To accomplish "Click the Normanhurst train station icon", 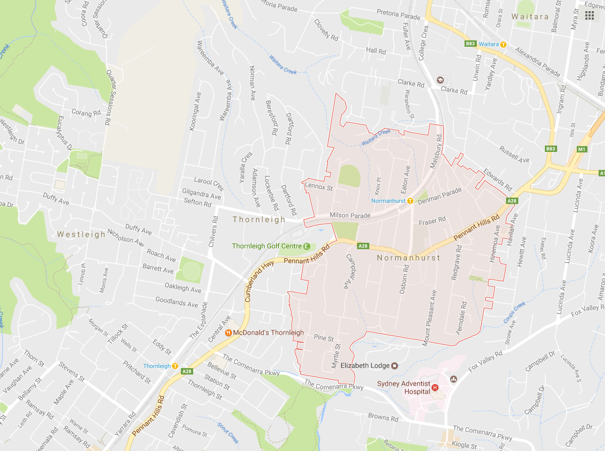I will coord(410,201).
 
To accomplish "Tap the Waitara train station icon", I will coord(503,44).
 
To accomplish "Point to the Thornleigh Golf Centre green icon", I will coord(306,246).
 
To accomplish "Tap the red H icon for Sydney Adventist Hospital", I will coord(435,388).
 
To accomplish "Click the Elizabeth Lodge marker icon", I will coord(395,365).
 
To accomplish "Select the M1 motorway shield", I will coord(582,149).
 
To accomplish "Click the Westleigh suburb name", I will coord(81,234).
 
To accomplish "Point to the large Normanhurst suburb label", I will coord(409,258).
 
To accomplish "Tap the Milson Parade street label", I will coord(350,215).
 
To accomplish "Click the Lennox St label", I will coord(319,187).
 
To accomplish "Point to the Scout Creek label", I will coord(228,432).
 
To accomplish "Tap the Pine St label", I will coord(324,338).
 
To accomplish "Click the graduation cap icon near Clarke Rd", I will coord(440,80).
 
